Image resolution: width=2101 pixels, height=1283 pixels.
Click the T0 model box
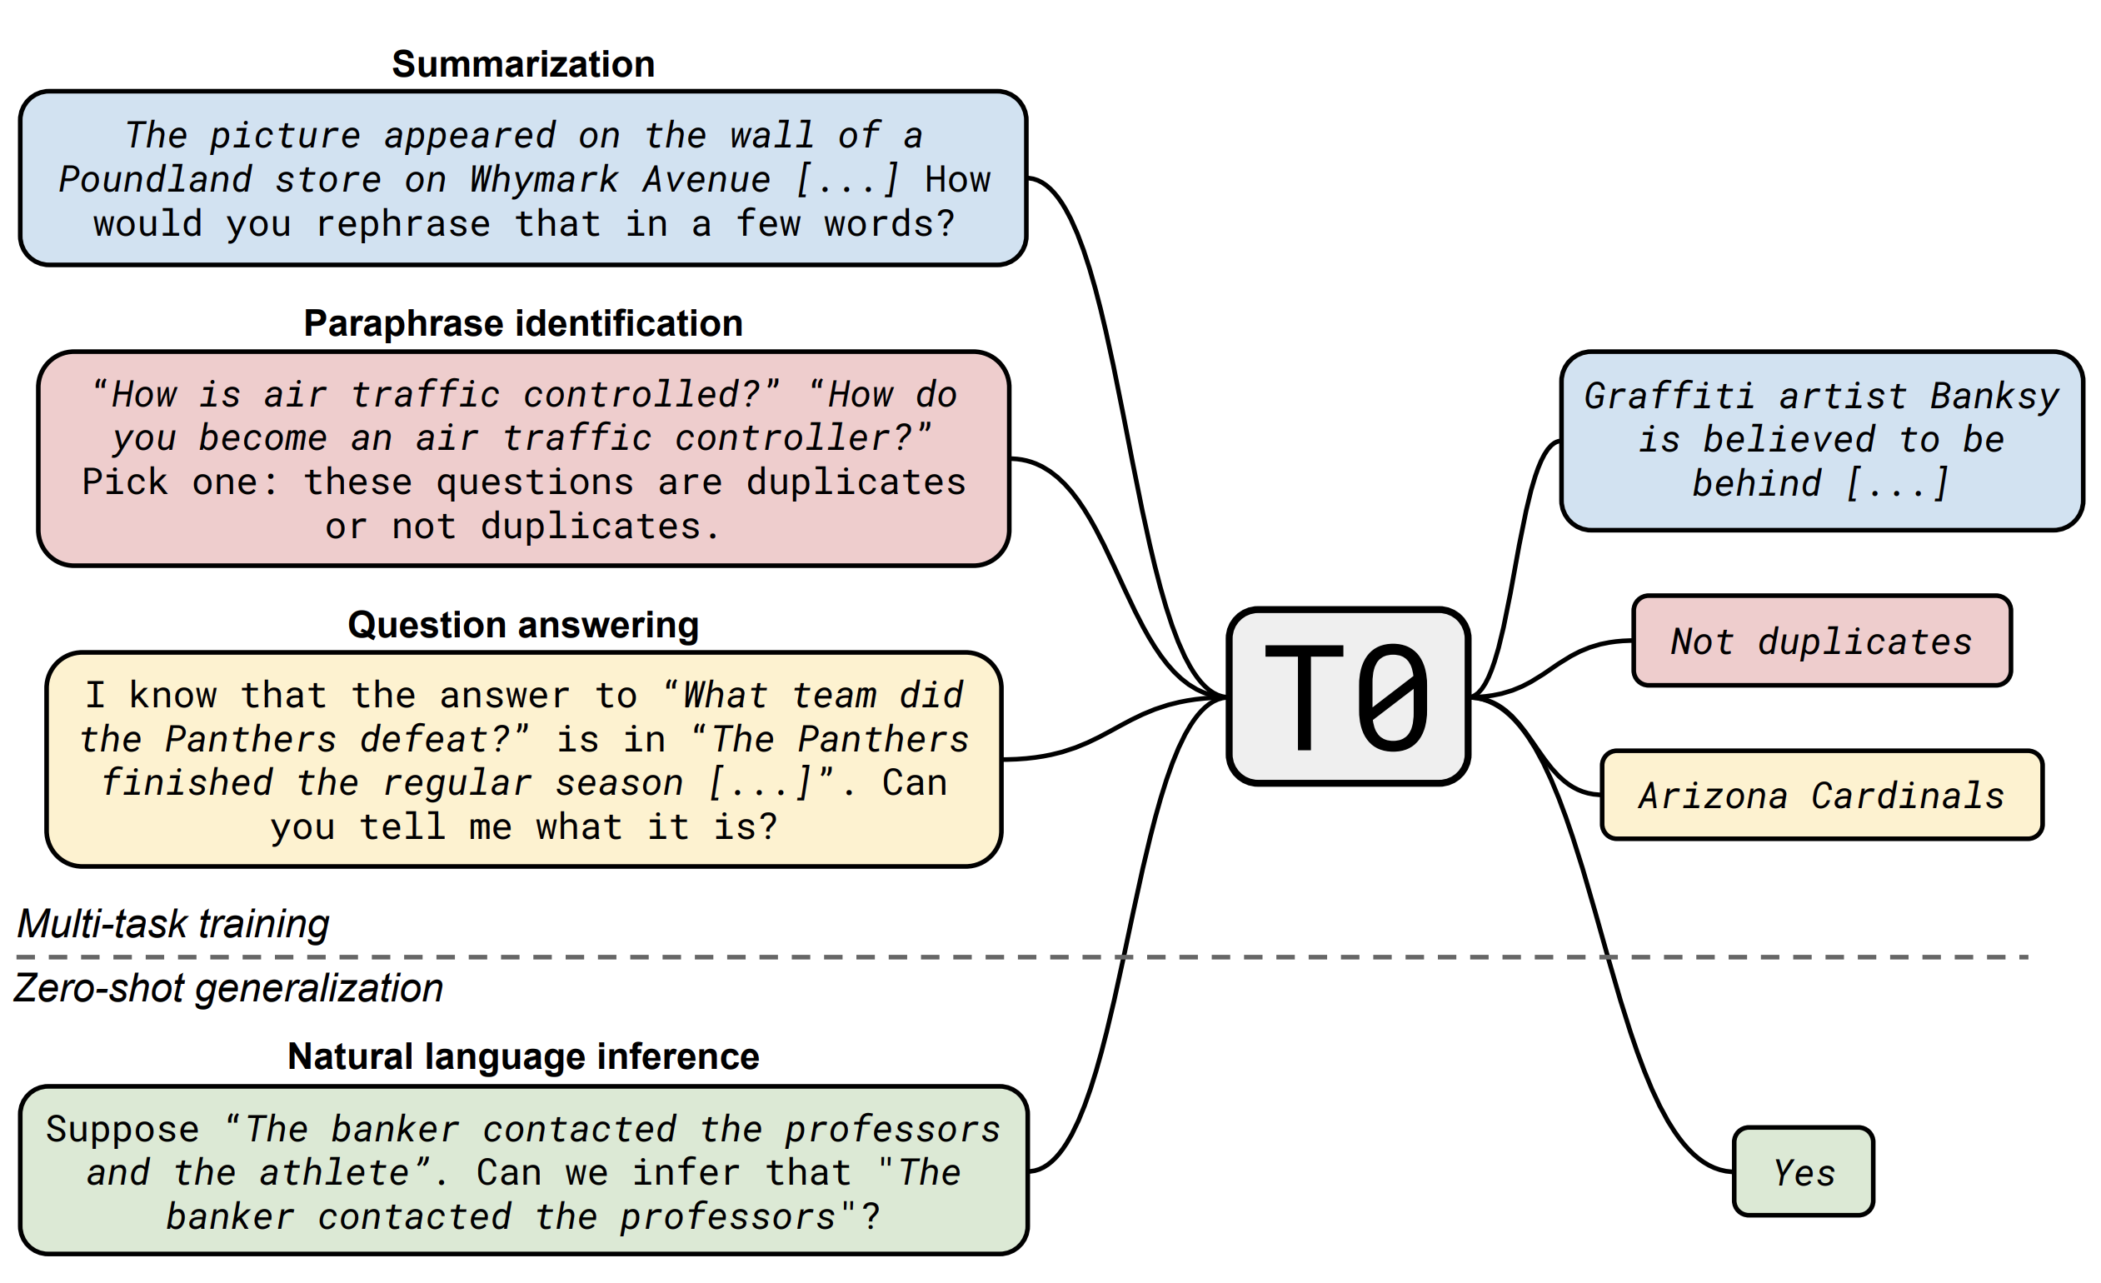(1348, 696)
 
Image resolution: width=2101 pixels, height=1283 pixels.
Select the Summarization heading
(522, 65)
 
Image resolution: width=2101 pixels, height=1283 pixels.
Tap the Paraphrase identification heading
(522, 324)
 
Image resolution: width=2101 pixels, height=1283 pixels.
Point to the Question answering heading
(522, 625)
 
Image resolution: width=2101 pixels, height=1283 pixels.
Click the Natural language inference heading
(522, 1056)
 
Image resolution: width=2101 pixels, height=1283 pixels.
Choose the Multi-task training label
(173, 924)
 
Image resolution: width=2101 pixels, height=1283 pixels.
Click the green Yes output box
(1804, 1172)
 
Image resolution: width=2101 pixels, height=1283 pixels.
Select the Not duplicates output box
(1821, 641)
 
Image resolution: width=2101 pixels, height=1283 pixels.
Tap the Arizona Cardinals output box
(1821, 796)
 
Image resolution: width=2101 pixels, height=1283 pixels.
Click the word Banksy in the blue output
(1994, 397)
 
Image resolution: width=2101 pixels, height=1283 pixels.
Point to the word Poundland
(155, 180)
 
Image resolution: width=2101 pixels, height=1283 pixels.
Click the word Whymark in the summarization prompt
(543, 180)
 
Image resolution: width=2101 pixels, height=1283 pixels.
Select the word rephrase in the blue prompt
(403, 224)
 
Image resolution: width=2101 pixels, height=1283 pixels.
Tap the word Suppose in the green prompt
(122, 1130)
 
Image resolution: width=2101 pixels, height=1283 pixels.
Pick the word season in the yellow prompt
(619, 783)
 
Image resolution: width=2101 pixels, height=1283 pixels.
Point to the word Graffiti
(1669, 397)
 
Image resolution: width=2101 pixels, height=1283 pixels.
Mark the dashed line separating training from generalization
(853, 957)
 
